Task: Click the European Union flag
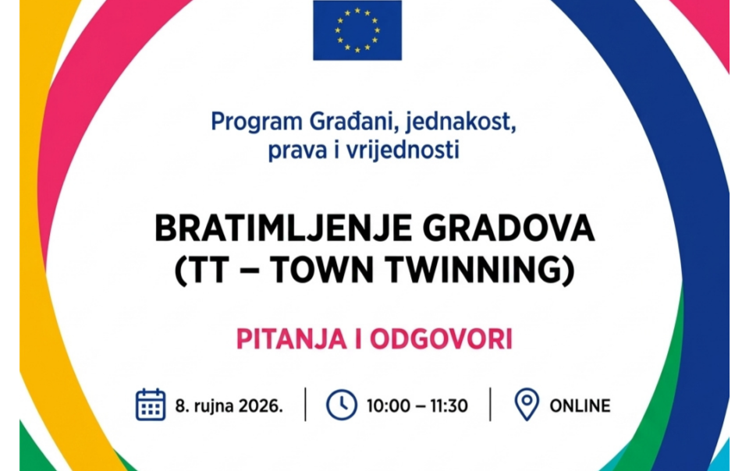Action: [357, 30]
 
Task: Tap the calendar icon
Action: [151, 405]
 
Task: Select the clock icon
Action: [342, 405]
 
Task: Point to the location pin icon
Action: [527, 405]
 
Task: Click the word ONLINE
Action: [580, 405]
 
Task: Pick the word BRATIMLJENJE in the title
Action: [283, 228]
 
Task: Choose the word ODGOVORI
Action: [441, 339]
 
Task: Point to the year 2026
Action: [261, 406]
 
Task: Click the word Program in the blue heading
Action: [257, 122]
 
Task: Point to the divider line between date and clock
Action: [305, 405]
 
